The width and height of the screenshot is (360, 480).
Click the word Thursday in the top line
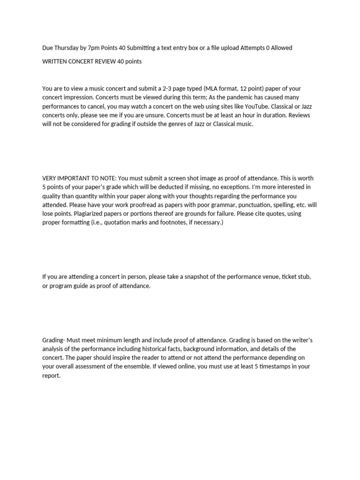tap(66, 48)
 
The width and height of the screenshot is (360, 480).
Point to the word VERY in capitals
tap(49, 178)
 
